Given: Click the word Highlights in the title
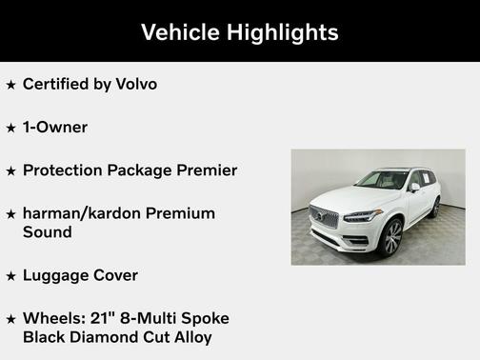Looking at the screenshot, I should [x=283, y=32].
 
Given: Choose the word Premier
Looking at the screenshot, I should [x=204, y=170].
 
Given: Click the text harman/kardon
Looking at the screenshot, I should [x=85, y=213].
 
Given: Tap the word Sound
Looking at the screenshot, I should [x=47, y=231].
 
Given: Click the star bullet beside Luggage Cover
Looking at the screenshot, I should [x=10, y=276].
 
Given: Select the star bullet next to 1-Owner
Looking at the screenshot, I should [x=10, y=128].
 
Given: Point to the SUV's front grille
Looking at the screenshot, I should [x=324, y=217].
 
